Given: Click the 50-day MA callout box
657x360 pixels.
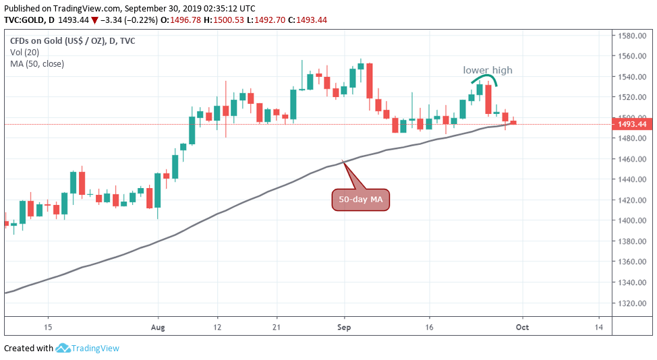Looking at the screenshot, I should click(361, 200).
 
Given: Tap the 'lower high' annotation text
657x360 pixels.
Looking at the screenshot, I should click(487, 70).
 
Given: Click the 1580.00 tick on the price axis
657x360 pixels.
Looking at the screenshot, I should click(633, 36).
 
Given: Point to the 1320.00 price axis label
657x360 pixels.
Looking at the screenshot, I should click(633, 303).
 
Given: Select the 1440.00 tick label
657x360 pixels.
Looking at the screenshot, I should click(633, 179).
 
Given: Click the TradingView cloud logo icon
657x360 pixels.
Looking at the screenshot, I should click(64, 349).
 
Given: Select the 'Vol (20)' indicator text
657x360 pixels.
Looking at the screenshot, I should click(24, 53).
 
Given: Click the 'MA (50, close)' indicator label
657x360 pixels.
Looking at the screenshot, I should click(38, 64).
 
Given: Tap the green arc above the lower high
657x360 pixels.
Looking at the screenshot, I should click(484, 80).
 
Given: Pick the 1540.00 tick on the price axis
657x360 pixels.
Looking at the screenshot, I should click(633, 77).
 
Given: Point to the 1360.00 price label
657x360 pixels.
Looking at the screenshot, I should click(633, 262).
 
